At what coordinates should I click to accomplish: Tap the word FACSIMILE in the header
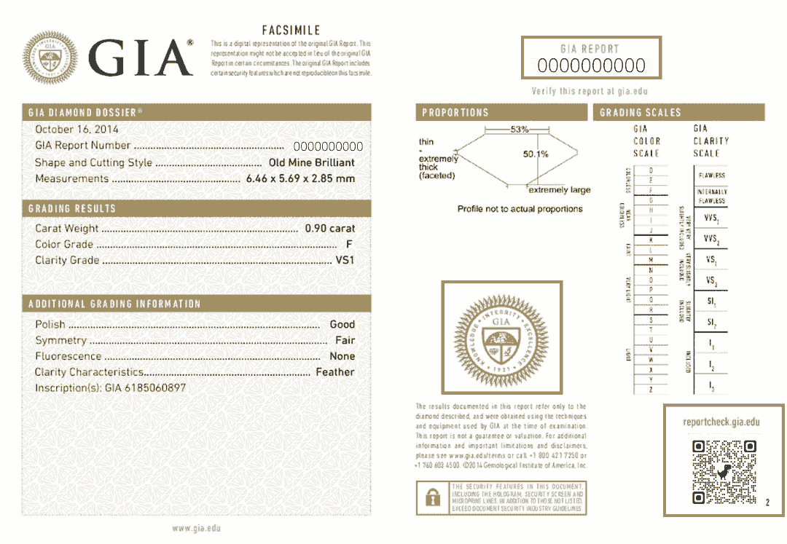(291, 31)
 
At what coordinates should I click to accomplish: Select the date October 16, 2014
(77, 129)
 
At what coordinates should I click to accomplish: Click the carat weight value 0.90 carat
(329, 228)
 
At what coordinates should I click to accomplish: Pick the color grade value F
(349, 244)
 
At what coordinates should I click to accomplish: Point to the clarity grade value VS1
(344, 260)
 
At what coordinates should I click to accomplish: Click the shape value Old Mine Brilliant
(311, 162)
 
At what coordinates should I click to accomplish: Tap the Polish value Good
(342, 324)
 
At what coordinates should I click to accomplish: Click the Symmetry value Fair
(345, 340)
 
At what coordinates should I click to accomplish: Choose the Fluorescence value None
(342, 356)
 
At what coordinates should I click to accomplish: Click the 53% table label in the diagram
(519, 130)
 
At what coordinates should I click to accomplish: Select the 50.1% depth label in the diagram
(536, 154)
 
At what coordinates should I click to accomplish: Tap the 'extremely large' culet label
(560, 191)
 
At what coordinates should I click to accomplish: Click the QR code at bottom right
(724, 472)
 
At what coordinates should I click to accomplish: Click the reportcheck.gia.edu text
(721, 422)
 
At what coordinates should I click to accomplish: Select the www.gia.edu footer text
(196, 529)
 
